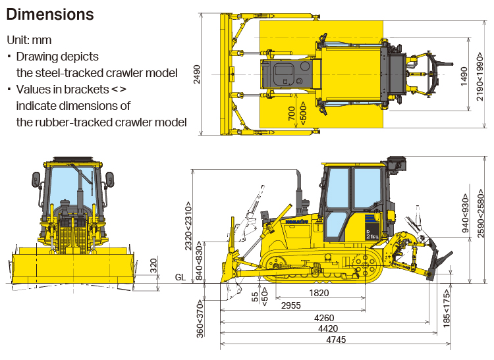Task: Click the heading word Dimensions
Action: coord(50,14)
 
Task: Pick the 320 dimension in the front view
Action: coord(153,266)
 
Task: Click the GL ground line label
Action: coord(180,277)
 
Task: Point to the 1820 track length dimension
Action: coord(319,293)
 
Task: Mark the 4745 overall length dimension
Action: coord(335,340)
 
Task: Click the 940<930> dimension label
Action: coord(466,214)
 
